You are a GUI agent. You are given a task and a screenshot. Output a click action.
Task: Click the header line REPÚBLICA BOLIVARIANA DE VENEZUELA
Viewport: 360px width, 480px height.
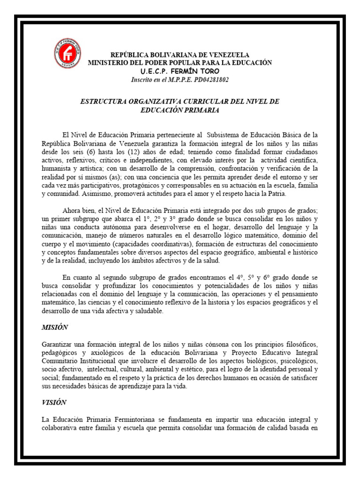tap(180, 55)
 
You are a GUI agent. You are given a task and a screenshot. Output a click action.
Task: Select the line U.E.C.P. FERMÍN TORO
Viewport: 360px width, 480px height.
tap(180, 71)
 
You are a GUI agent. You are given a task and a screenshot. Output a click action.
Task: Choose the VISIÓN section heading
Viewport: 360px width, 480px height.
tap(54, 402)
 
